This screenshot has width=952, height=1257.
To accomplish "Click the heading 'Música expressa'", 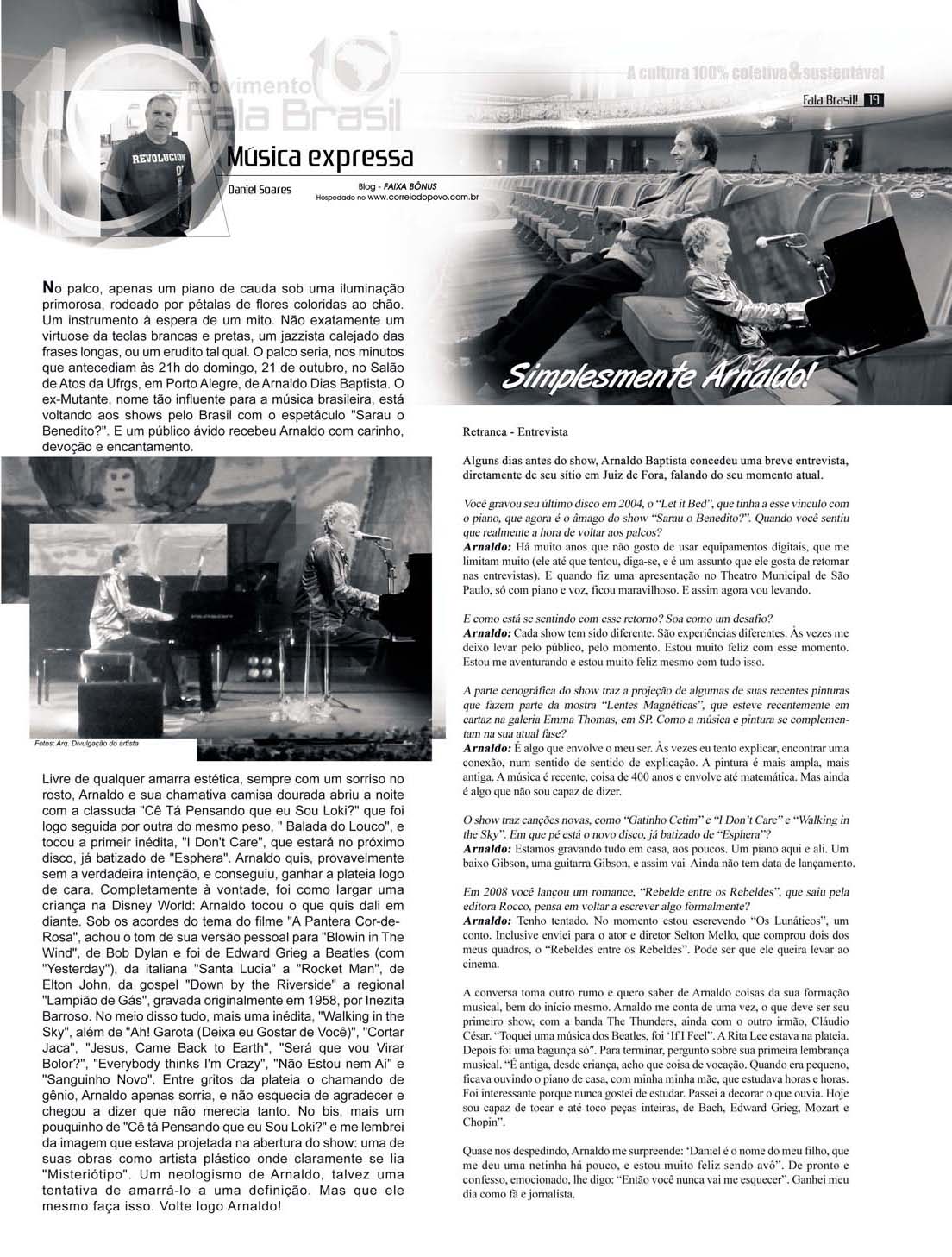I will coord(319,157).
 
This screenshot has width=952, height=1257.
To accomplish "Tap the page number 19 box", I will coord(873,101).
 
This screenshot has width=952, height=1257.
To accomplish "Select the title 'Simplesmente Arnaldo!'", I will coord(654,375).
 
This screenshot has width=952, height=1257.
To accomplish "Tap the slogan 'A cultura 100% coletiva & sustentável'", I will coord(756,74).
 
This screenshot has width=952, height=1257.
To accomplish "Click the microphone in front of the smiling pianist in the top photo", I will coord(774,238).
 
